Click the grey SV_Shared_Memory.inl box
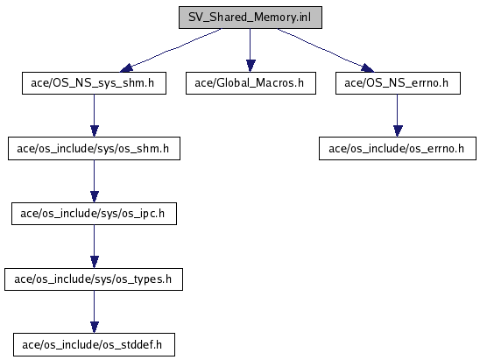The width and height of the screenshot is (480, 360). [x=251, y=18]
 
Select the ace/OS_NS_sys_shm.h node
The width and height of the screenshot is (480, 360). [x=94, y=83]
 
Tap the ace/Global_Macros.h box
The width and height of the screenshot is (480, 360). [x=251, y=83]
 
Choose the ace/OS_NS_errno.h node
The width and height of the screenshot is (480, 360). [x=398, y=83]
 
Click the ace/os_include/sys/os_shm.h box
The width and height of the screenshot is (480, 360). [x=94, y=149]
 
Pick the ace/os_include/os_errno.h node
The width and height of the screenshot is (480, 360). [x=398, y=149]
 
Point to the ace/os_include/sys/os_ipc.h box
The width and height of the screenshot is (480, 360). [x=94, y=214]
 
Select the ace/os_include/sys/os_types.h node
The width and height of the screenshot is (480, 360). [x=94, y=279]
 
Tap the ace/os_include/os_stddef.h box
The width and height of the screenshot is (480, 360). [x=94, y=345]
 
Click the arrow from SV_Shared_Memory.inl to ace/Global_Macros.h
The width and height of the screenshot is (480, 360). [x=251, y=51]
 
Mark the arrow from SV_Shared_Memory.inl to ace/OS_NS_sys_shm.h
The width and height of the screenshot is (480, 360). [x=171, y=50]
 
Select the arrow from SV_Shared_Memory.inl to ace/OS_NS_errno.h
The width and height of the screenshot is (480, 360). [x=326, y=50]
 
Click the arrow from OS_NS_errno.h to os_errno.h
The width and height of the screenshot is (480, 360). [x=398, y=116]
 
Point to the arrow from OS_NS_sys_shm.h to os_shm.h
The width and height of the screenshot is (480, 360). [x=95, y=116]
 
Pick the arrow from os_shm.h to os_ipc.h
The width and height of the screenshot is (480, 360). [x=95, y=181]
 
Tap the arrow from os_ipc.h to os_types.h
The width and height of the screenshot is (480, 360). [x=95, y=246]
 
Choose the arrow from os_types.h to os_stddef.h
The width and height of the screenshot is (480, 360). [x=95, y=312]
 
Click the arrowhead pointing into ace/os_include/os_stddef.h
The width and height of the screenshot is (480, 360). [x=95, y=328]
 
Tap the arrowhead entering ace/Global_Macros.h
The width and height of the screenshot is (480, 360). [x=251, y=66]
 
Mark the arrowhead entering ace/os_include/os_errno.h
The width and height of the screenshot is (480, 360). [x=398, y=131]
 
